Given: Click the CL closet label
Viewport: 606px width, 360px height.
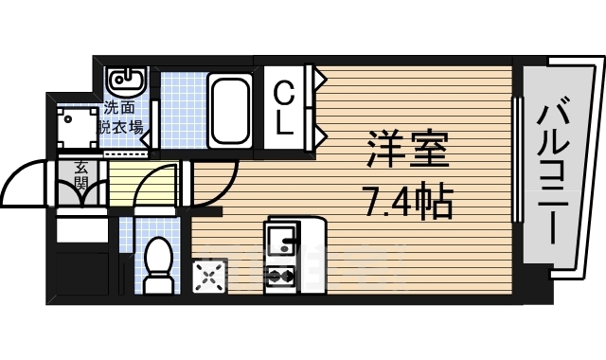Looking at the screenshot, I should (285, 107).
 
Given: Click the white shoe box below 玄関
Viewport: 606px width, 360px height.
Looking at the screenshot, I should (83, 228).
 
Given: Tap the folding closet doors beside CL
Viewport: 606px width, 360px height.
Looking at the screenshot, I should (313, 107).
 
